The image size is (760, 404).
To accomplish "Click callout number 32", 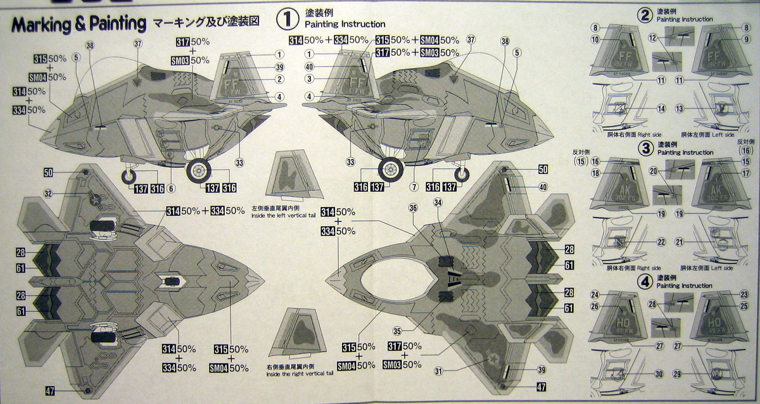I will click(48, 193).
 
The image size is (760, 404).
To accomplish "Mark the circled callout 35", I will click(398, 330).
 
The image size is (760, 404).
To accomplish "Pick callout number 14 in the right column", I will click(661, 109).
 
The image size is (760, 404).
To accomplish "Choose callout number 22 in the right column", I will click(661, 241).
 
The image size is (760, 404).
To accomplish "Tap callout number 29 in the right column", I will click(695, 374).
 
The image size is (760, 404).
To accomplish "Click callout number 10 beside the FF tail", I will click(595, 40).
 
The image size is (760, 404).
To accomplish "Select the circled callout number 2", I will click(279, 79).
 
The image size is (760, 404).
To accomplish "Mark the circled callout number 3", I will click(309, 79).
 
